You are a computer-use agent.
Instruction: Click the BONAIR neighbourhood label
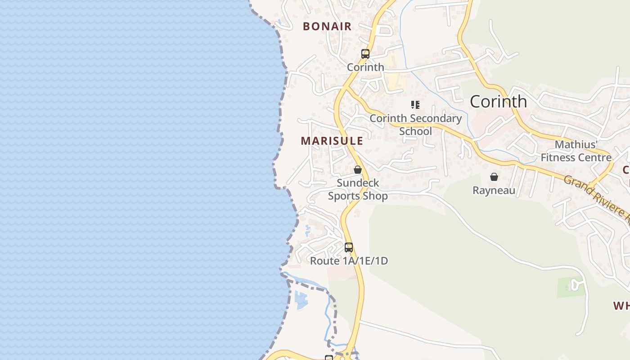tap(327, 27)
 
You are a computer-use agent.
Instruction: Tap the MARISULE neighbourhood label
tap(332, 141)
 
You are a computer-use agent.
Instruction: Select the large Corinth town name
tap(498, 102)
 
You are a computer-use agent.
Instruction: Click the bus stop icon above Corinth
tap(365, 54)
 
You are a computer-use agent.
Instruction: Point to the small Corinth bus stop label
tap(365, 67)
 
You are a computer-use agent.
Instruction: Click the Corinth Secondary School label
tap(415, 125)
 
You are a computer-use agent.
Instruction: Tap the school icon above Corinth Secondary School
tap(415, 105)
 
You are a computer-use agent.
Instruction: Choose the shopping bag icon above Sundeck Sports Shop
tap(358, 170)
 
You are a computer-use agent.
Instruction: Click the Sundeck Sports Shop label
tap(358, 189)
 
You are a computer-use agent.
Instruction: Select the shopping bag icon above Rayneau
tap(494, 177)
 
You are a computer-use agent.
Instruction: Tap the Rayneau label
tap(494, 190)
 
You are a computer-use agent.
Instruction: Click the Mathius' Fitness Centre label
tap(576, 151)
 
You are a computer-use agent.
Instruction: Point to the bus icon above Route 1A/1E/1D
tap(349, 247)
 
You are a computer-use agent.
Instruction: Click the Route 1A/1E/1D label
tap(349, 261)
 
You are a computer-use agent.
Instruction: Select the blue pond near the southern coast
tap(301, 301)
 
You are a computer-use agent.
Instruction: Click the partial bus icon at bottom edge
tap(329, 358)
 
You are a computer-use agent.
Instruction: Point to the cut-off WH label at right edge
tap(621, 306)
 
